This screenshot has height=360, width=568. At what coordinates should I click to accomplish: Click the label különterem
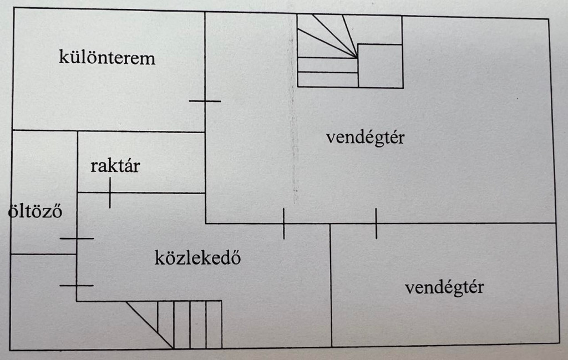pyautogui.click(x=107, y=58)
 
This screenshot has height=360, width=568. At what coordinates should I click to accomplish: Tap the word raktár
pyautogui.click(x=115, y=166)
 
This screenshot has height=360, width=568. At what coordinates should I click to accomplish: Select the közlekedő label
pyautogui.click(x=197, y=258)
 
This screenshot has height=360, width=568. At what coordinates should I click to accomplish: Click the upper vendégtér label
pyautogui.click(x=365, y=137)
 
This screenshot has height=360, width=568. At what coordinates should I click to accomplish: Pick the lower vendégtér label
pyautogui.click(x=444, y=287)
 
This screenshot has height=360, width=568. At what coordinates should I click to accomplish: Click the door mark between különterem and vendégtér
pyautogui.click(x=205, y=101)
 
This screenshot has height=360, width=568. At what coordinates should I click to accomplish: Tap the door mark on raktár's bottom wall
pyautogui.click(x=110, y=192)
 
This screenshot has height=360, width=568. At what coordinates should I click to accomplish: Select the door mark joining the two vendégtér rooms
pyautogui.click(x=376, y=224)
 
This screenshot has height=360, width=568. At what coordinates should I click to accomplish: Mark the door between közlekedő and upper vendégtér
pyautogui.click(x=283, y=224)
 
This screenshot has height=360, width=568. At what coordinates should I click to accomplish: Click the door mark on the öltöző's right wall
pyautogui.click(x=77, y=239)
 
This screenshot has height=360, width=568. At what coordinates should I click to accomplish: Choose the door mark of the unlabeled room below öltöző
pyautogui.click(x=77, y=285)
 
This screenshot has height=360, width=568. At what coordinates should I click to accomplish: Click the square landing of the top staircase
pyautogui.click(x=380, y=65)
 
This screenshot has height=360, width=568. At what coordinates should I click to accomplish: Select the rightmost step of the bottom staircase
pyautogui.click(x=214, y=324)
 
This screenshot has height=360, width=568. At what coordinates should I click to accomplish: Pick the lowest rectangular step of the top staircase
pyautogui.click(x=327, y=80)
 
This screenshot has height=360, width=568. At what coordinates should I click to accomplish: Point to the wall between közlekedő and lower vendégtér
pyautogui.click(x=331, y=286)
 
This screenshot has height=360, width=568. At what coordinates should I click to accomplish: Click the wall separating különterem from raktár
pyautogui.click(x=141, y=132)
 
